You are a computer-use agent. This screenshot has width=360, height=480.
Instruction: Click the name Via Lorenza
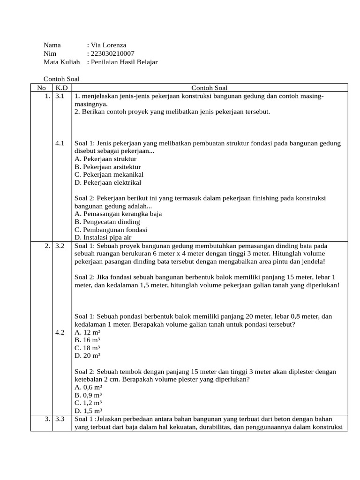[x=108, y=45]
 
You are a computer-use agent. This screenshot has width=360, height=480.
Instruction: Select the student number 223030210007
[x=114, y=53]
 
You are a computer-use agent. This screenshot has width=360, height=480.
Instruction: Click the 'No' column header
[x=41, y=88]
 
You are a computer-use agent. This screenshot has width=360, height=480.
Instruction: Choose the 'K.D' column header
[x=61, y=88]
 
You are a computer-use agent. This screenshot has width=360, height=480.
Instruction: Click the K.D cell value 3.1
[x=59, y=96]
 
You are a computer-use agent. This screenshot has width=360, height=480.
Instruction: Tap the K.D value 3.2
[x=59, y=246]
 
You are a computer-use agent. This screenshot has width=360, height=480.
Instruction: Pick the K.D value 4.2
[x=59, y=332]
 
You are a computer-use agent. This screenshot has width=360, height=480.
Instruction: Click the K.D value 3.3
[x=59, y=419]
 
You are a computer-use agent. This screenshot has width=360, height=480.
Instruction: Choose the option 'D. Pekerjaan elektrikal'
[x=108, y=182]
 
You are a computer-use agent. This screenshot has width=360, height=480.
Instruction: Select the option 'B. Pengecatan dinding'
[x=107, y=222]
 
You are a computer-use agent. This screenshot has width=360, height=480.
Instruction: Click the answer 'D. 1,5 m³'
[x=89, y=411]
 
